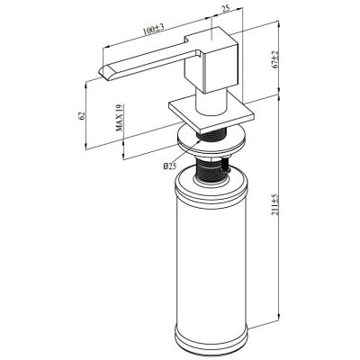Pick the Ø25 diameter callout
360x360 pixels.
click(169, 164)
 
